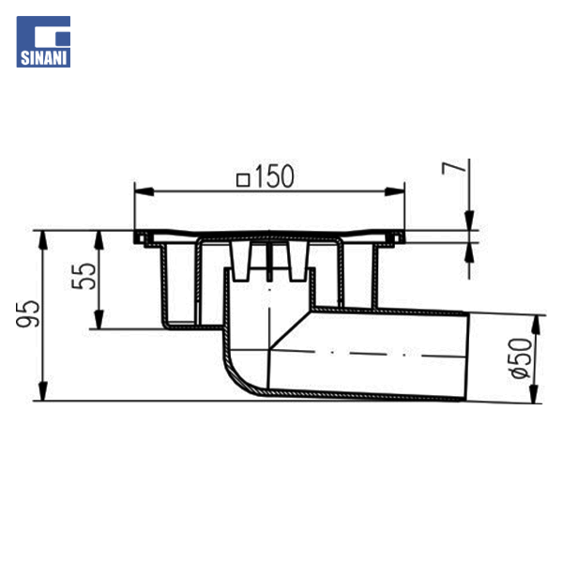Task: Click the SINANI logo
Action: click(43, 41)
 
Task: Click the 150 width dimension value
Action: click(275, 176)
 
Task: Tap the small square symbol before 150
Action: click(243, 180)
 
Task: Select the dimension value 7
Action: click(453, 168)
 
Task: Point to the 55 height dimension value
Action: click(84, 276)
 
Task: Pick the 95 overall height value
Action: click(28, 313)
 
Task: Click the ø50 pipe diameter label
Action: click(521, 358)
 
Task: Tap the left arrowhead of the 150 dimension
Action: click(144, 191)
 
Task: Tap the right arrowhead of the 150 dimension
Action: click(395, 191)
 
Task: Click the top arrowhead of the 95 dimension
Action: click(43, 240)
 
